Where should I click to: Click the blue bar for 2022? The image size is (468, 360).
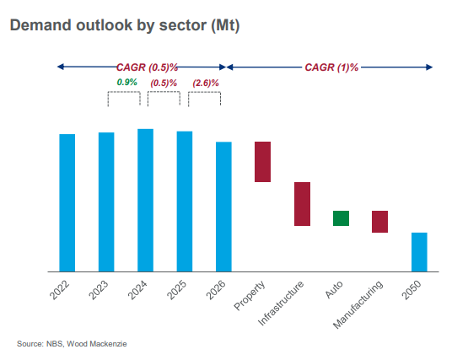tap(67, 202)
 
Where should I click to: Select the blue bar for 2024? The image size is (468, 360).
tap(145, 201)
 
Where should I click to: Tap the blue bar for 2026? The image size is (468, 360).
tap(223, 207)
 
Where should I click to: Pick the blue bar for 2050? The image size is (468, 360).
tap(419, 252)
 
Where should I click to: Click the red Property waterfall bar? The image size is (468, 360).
tap(262, 162)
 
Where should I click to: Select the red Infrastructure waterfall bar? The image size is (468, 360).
tap(302, 204)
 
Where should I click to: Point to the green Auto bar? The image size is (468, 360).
tap(342, 218)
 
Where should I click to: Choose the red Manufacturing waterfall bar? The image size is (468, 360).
tap(380, 222)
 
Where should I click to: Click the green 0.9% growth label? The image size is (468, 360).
tap(126, 82)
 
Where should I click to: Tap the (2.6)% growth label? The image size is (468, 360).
tap(206, 83)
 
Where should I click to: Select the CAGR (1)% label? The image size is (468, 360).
tap(331, 67)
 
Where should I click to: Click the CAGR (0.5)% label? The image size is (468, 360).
tap(147, 67)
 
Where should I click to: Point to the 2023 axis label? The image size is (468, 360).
tap(99, 290)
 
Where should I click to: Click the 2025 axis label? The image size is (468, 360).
tap(177, 290)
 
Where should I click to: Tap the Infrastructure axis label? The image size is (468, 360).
tap(281, 303)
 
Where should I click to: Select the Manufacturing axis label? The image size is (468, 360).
tap(358, 304)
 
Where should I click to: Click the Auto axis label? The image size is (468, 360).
tap(334, 289)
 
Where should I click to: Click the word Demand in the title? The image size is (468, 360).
tap(40, 25)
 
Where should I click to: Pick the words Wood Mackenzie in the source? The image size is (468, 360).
tap(97, 344)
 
